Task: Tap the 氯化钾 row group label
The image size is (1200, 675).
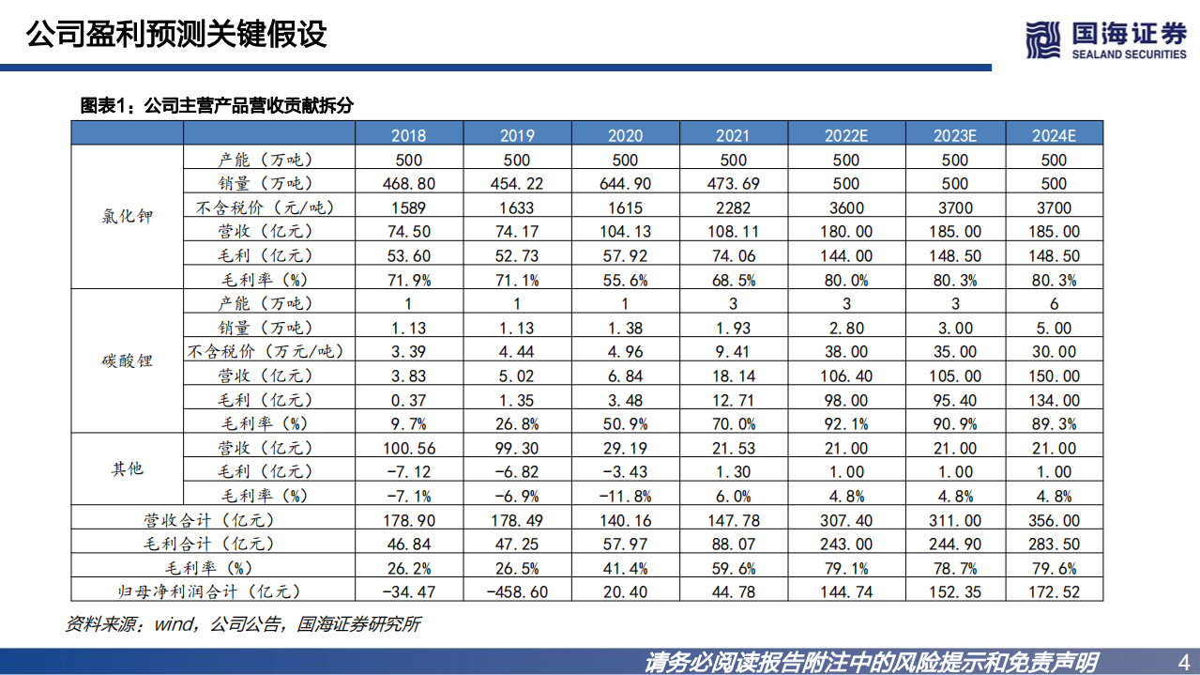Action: coord(127,217)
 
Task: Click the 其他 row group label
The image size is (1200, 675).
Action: coord(127,468)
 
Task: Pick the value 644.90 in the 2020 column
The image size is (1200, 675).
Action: coord(624,184)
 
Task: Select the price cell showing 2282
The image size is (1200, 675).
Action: coord(733,207)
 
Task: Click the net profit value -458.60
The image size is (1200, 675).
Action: coord(516,591)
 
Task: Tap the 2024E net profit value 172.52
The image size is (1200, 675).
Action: coord(1054,591)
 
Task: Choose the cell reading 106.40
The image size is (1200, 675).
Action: coord(846,376)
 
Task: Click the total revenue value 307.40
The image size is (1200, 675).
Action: coord(846,520)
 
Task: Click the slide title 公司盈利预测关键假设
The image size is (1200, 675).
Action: coord(176,35)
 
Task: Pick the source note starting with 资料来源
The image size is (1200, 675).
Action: coord(242,623)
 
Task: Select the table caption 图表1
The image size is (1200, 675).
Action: coord(217,106)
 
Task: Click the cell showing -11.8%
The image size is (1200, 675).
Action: coord(624,496)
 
